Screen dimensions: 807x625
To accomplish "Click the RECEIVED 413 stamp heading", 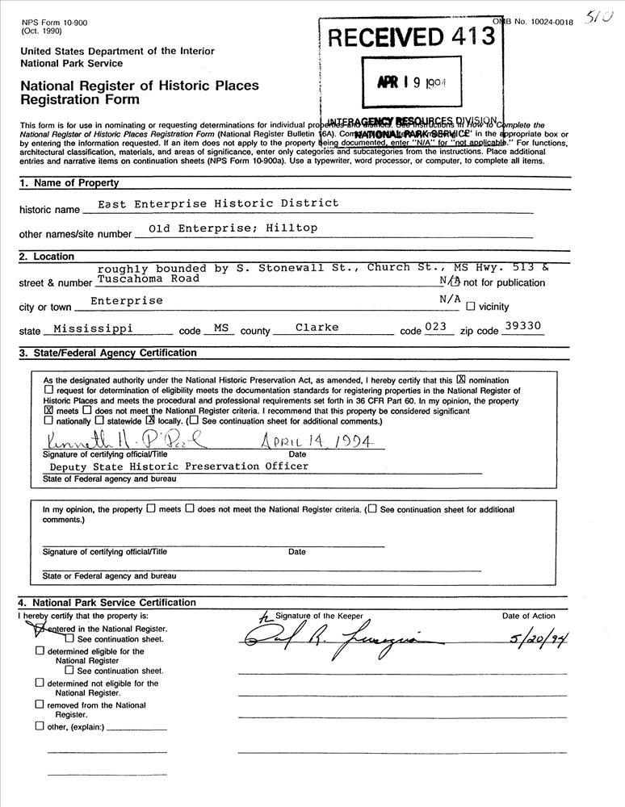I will coord(410,36).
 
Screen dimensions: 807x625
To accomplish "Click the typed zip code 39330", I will coord(523,326).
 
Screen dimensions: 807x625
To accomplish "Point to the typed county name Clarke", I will coord(317,327).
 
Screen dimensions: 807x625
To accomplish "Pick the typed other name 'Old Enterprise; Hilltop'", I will coord(227,228).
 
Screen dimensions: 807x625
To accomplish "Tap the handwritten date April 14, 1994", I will coord(316,442).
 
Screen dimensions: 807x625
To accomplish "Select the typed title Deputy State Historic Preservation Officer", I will coord(178,466).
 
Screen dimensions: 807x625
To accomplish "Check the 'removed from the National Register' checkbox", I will coord(39,704).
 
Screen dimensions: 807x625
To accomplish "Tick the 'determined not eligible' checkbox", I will coord(39,683).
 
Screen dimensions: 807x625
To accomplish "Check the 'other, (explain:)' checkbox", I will coord(39,725).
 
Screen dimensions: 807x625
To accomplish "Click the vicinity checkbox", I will coord(470,307).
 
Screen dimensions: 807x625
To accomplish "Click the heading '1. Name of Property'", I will coord(69,183).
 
